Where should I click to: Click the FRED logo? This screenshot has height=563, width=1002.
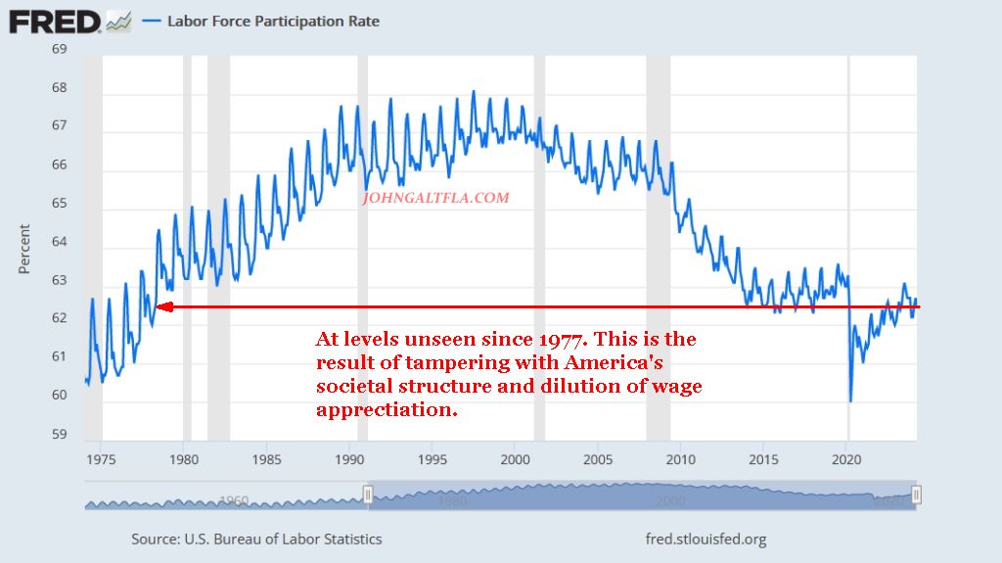(x=55, y=21)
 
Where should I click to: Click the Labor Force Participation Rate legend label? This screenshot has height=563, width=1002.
(x=273, y=21)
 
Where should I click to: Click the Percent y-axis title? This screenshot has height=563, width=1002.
(x=25, y=250)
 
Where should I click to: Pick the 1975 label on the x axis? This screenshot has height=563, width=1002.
(x=101, y=458)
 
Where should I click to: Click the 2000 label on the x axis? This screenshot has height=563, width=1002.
(x=515, y=458)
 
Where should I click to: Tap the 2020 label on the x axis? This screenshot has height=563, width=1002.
(x=846, y=458)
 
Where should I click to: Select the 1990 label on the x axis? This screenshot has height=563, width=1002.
(x=349, y=458)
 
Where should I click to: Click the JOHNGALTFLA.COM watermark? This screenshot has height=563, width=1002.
(x=435, y=198)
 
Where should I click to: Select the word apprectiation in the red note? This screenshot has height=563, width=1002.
(x=387, y=410)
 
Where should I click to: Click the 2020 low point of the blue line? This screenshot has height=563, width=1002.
(x=850, y=399)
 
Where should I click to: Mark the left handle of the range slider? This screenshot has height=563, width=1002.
(x=368, y=495)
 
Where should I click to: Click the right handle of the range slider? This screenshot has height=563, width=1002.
(x=916, y=495)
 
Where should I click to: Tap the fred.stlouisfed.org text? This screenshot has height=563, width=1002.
(x=706, y=540)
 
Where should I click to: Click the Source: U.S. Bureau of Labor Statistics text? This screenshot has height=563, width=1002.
(x=256, y=540)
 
